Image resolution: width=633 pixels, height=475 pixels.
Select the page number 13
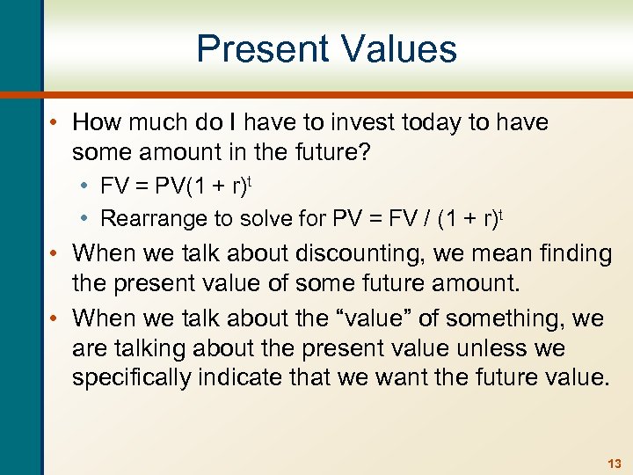click(x=613, y=463)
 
